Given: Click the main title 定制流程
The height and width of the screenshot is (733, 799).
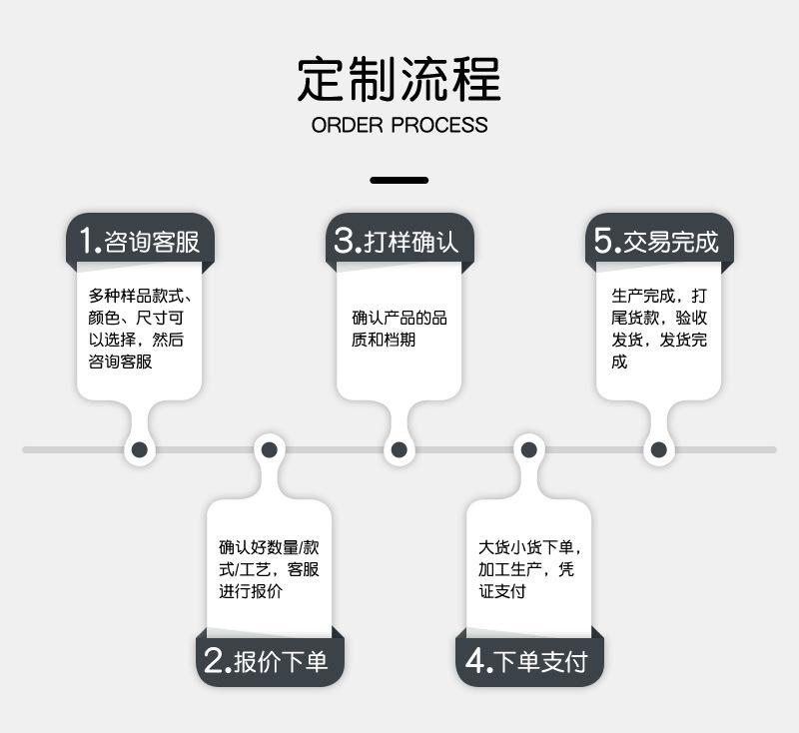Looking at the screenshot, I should point(399,78).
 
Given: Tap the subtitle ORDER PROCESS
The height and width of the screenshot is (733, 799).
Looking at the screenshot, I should point(399,126).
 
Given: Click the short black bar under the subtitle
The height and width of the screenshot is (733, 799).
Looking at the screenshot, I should point(399,181).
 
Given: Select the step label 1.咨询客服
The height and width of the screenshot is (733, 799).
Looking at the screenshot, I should point(140,241).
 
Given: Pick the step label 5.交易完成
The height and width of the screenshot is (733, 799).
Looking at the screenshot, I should point(657,241).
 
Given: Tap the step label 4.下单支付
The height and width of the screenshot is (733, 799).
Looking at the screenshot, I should point(527,660).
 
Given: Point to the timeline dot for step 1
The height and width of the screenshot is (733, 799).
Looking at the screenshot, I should point(140,450).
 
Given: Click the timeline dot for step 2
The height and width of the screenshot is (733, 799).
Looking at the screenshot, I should point(269,450).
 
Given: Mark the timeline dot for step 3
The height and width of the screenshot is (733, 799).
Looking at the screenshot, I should point(399,450).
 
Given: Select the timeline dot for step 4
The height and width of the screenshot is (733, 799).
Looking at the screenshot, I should point(527,450).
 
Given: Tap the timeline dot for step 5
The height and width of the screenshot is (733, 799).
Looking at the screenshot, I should point(657,450).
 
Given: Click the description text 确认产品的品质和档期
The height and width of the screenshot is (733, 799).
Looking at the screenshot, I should point(399,329).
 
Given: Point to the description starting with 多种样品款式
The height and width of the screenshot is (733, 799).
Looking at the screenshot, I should point(139,329).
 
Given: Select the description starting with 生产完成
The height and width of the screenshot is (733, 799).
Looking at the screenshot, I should point(659,329).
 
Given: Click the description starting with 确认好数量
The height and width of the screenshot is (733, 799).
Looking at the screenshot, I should point(269,569).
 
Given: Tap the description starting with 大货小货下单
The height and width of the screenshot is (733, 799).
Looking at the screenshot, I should point(529,569).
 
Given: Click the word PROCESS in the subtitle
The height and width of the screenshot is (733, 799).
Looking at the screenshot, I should point(439,126).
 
